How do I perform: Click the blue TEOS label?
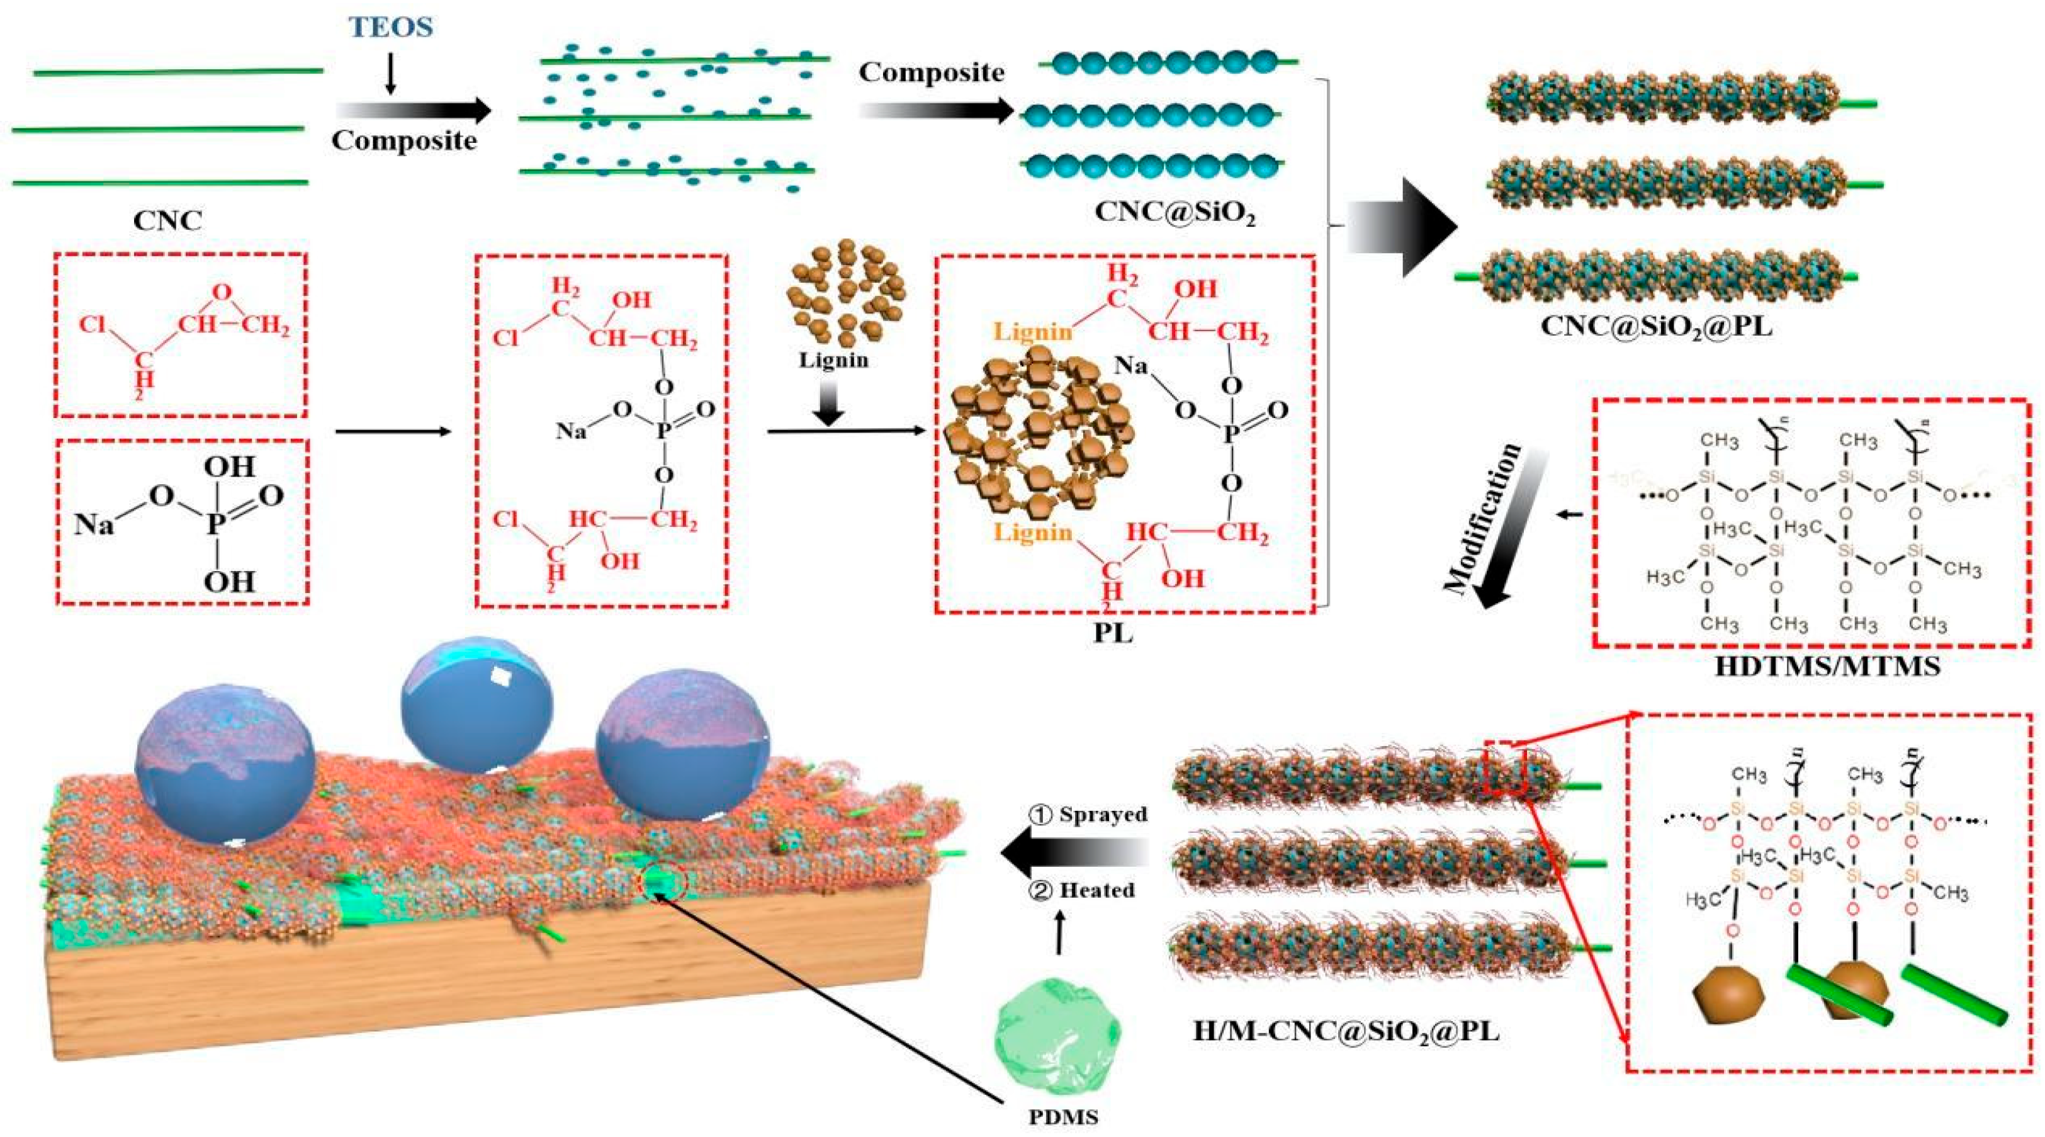click(391, 27)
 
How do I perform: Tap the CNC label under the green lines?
click(167, 220)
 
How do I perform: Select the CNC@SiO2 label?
click(1175, 212)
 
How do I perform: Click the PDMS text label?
click(1064, 1117)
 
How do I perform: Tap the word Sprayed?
click(1103, 815)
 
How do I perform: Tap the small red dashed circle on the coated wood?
click(660, 883)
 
